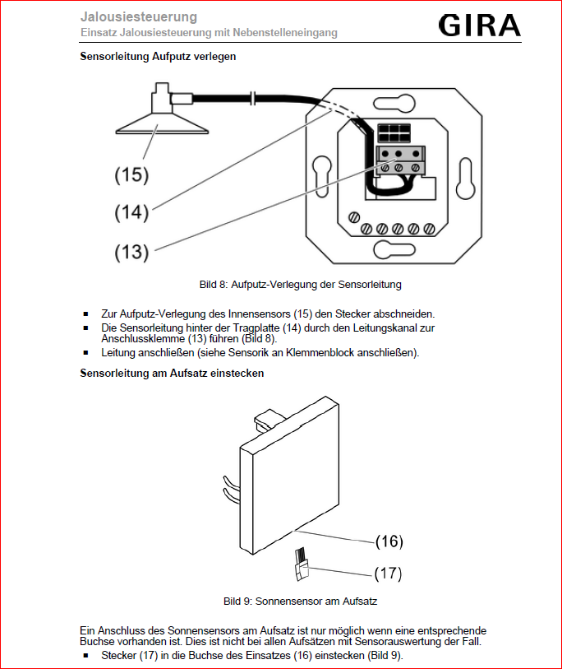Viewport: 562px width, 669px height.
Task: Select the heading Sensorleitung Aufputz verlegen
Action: coord(158,57)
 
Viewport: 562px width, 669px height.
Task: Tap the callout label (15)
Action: coord(131,174)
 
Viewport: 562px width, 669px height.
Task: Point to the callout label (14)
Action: coord(131,212)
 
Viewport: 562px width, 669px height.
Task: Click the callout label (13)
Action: coord(131,252)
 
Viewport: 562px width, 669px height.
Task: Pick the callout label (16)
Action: coord(389,541)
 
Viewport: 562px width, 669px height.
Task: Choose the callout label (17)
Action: coord(389,573)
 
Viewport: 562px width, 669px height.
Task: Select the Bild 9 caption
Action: coord(300,602)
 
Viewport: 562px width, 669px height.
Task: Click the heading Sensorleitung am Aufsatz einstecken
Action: coord(172,373)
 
